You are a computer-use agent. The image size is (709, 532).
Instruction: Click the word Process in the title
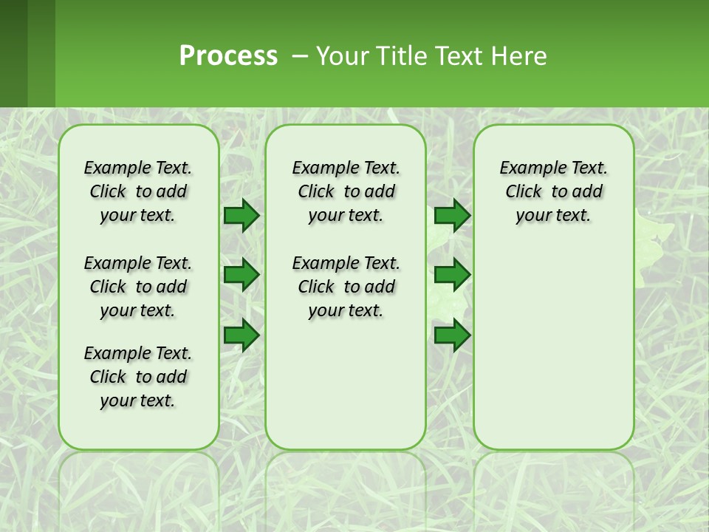point(228,55)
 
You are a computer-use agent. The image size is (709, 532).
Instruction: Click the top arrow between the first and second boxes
point(242,215)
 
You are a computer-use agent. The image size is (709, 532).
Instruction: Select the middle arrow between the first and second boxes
point(242,275)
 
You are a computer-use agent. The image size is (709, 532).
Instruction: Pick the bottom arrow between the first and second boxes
point(242,335)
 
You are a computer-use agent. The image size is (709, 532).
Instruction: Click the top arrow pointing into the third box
point(452,215)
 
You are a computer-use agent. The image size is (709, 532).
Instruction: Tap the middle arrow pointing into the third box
point(452,275)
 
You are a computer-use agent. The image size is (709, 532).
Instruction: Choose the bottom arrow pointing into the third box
point(452,335)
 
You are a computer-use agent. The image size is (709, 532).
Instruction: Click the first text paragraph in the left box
point(138,191)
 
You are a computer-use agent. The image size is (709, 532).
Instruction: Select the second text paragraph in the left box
point(138,287)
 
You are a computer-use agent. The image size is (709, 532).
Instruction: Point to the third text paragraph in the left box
point(138,377)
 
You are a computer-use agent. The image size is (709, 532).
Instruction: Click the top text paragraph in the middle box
point(346,191)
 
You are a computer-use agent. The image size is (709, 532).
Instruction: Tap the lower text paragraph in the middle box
point(346,287)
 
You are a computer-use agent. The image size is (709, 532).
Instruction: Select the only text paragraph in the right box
point(553,191)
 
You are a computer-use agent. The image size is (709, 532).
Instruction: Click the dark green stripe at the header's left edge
point(13,53)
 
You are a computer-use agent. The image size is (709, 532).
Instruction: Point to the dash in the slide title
point(300,56)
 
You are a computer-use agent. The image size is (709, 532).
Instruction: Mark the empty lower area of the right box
point(553,347)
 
